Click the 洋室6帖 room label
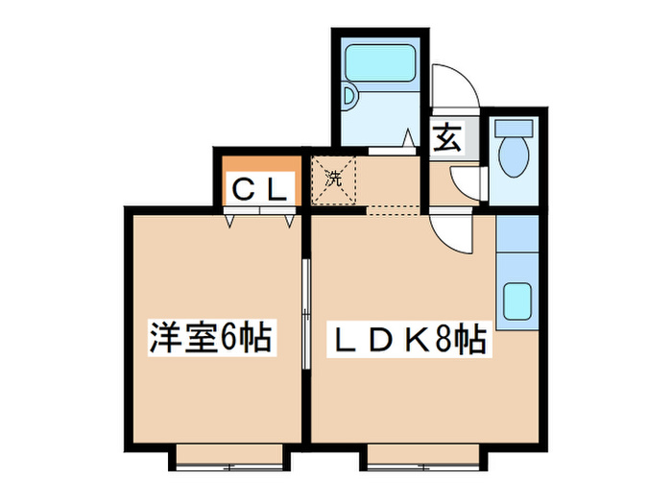(210, 338)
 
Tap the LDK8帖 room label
(410, 339)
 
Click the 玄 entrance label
(447, 137)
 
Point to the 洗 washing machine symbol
(334, 179)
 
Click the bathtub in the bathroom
(380, 62)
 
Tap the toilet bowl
(514, 156)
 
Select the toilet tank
(514, 128)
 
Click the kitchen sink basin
(516, 300)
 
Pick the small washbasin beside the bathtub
(349, 96)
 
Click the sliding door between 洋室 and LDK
(305, 314)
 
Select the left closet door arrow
(230, 221)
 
